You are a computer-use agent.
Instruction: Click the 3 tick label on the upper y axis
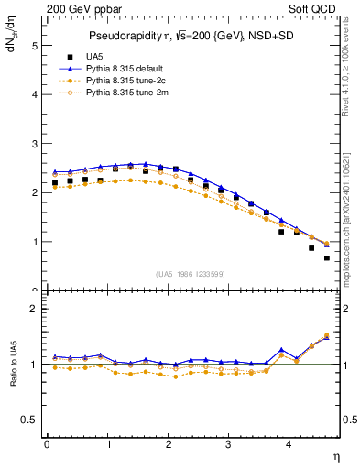(34, 144)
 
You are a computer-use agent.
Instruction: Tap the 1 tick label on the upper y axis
(34, 243)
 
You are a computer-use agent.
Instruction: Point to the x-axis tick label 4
(289, 444)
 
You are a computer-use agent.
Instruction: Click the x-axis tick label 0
(47, 444)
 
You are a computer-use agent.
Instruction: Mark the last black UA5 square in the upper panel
(327, 258)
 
